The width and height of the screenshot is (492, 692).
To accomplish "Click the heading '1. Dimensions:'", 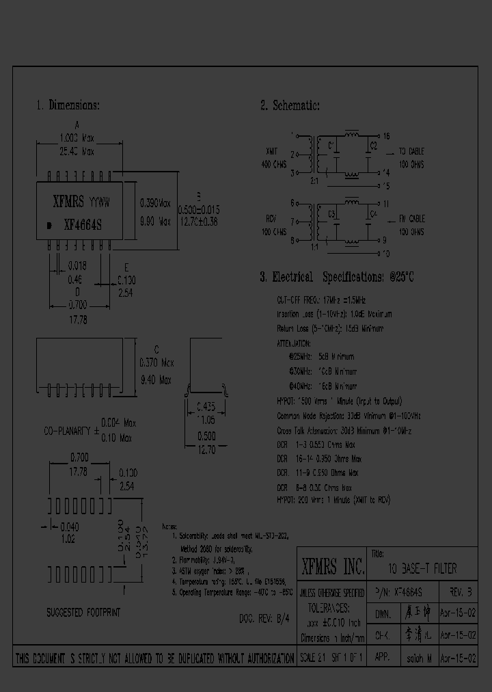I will [x=68, y=105].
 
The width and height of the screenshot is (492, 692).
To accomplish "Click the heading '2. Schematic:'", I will [x=290, y=105].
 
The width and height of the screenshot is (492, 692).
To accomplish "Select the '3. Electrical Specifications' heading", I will [x=337, y=277].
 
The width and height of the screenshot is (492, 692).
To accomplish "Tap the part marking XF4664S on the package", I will [x=83, y=224].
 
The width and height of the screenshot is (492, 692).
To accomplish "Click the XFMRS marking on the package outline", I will [x=68, y=202].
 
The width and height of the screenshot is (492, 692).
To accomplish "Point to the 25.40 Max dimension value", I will [x=77, y=151].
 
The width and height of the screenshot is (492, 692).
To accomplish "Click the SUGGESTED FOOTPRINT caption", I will [x=83, y=612].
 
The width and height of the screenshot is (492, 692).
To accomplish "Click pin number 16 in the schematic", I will [x=385, y=136].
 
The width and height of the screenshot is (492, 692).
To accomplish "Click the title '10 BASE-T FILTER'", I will [x=422, y=569].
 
